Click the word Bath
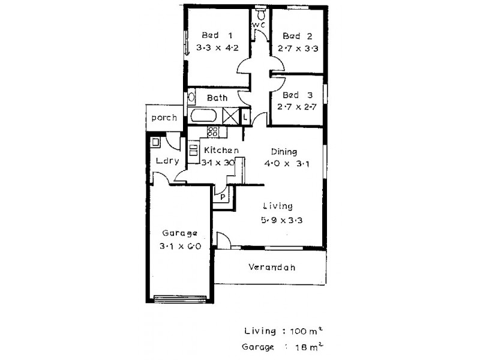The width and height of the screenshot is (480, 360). tap(217, 97)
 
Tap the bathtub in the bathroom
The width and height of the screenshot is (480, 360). tap(205, 116)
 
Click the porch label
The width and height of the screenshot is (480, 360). tap(164, 118)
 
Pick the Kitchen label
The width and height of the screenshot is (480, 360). tap(221, 149)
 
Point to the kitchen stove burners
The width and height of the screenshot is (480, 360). tap(212, 132)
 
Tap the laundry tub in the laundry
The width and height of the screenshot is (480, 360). tap(155, 142)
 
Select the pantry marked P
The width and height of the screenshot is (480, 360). tap(222, 196)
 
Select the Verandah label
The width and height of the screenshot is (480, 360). tap(272, 268)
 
